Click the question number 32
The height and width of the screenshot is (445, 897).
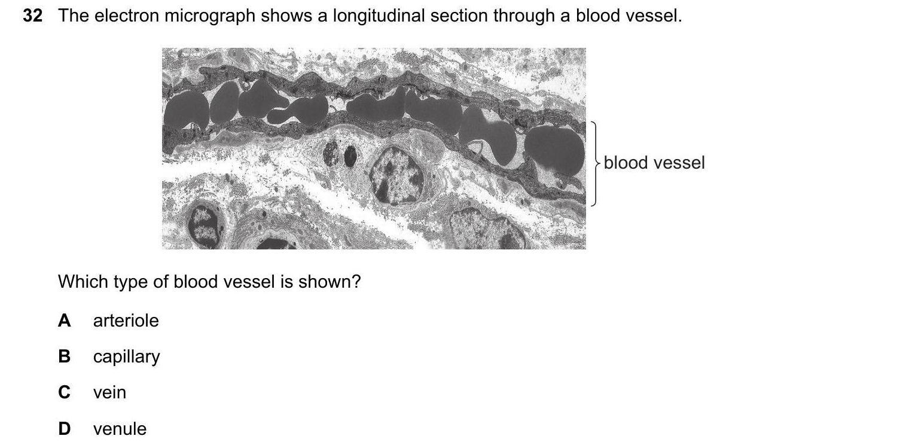click(x=33, y=16)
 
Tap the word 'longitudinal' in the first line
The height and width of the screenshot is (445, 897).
click(x=379, y=16)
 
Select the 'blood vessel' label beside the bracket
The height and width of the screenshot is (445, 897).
click(x=654, y=163)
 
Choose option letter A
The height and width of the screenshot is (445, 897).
click(x=65, y=321)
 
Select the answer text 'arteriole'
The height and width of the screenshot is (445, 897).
click(x=126, y=321)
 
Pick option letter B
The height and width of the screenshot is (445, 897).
click(x=65, y=356)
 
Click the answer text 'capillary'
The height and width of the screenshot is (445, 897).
click(x=127, y=357)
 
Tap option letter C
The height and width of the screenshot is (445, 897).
click(x=65, y=392)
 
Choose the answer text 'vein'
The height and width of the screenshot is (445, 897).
click(x=109, y=392)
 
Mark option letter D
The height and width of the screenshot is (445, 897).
click(x=65, y=429)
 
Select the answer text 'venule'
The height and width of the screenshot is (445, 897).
click(x=120, y=429)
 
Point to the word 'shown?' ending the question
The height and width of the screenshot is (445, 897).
click(x=329, y=282)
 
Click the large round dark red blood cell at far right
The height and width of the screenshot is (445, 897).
click(x=554, y=151)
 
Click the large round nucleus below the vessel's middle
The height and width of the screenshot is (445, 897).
click(x=396, y=175)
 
